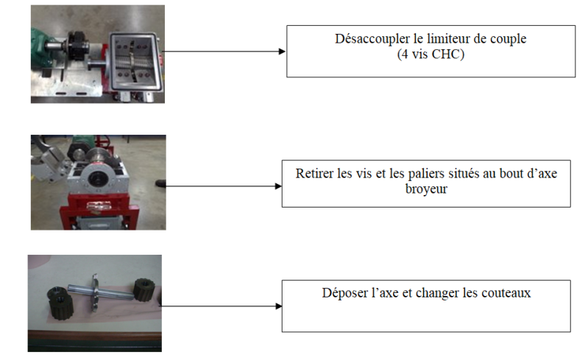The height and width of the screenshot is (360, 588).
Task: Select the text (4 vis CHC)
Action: (430, 54)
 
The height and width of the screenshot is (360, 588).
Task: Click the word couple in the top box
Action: (509, 40)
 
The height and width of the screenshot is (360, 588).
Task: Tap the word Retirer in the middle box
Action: (314, 174)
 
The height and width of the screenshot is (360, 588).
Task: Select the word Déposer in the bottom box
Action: (344, 293)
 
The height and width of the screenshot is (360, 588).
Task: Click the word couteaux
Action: (506, 293)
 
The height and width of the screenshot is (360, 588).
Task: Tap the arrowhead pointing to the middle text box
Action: (277, 186)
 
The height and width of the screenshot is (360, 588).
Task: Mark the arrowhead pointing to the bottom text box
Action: (277, 306)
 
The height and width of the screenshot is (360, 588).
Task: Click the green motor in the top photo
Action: (40, 40)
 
